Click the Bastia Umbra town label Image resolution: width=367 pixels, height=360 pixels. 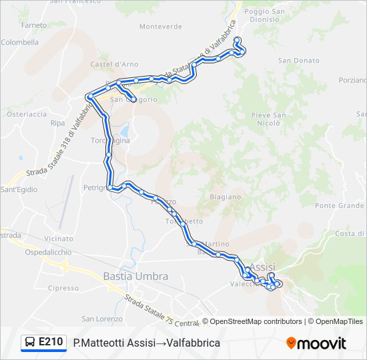coord(135,276)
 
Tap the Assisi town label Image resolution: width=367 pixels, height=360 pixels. coord(261,267)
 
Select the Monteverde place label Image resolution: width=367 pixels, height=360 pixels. coord(160,27)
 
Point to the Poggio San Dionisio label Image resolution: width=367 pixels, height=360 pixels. coord(264,15)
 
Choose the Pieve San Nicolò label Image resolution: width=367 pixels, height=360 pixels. coord(269,119)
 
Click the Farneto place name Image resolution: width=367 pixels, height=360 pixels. coord(34,25)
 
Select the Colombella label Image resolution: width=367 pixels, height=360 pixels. coord(20,41)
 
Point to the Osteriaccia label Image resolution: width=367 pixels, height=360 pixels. coord(26,114)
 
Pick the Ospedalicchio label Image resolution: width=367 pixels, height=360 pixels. coord(48,253)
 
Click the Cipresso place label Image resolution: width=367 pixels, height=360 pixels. coord(63,288)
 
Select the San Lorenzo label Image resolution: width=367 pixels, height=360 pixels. coord(97,319)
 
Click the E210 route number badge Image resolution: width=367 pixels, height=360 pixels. coord(51,343)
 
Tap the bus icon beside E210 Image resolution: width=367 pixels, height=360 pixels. coord(30,343)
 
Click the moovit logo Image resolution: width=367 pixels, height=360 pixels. coord(316,343)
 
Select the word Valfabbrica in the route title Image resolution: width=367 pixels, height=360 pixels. coord(193,343)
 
